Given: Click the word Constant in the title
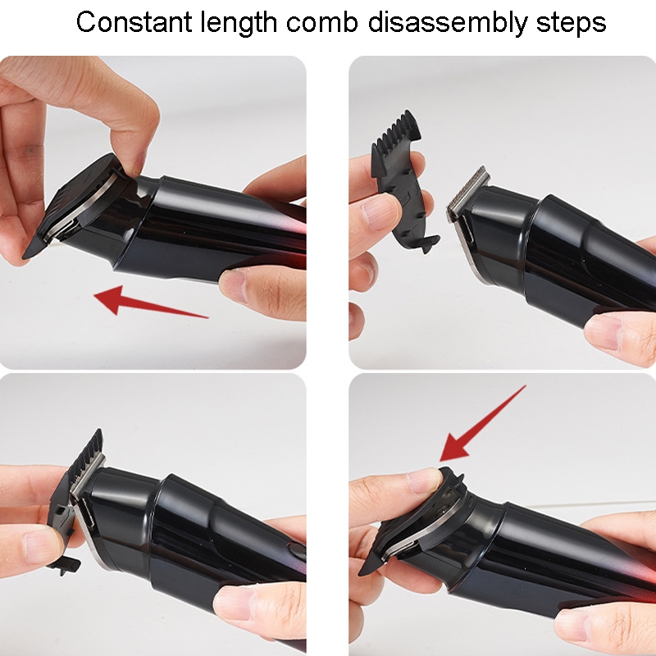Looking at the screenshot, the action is point(134,22).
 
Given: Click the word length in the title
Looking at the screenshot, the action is point(238,24).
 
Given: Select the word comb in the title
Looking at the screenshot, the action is point(321,22).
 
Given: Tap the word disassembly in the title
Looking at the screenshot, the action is point(448,24).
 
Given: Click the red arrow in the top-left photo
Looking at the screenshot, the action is point(151,302).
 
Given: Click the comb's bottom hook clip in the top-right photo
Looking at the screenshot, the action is point(430,244).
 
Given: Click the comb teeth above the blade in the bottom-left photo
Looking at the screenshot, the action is point(87,449).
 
